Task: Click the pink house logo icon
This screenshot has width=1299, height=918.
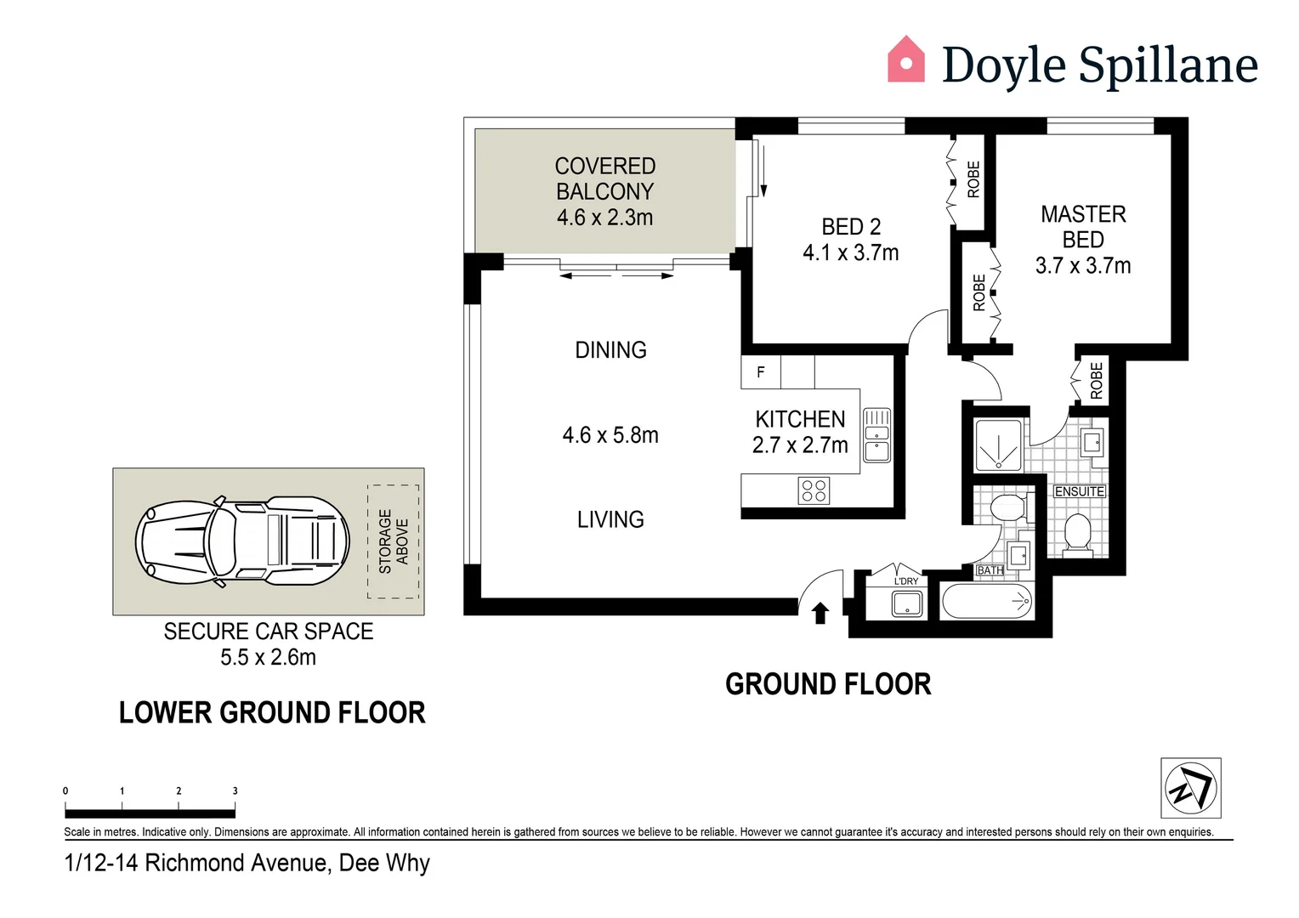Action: [905, 59]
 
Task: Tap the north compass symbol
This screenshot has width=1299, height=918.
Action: [1190, 787]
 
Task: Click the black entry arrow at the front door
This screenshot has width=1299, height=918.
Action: [820, 613]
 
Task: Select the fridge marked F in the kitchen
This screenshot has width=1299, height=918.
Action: [760, 371]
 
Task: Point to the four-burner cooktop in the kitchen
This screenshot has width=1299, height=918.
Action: [814, 490]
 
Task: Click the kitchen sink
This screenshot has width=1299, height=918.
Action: [876, 435]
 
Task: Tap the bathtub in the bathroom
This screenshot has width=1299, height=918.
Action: [987, 601]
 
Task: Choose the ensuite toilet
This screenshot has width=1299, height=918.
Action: [1078, 535]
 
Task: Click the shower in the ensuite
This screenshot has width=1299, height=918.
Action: [998, 445]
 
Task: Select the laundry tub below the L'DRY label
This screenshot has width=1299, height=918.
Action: [907, 604]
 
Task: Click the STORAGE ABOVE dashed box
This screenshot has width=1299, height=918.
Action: [394, 541]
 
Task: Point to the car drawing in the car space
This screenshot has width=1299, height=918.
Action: [242, 541]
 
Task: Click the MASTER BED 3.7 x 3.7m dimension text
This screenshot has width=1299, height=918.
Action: [1083, 265]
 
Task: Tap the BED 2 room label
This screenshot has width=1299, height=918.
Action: [851, 227]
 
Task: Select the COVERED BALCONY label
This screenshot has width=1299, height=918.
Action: [604, 178]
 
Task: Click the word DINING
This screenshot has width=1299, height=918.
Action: [610, 349]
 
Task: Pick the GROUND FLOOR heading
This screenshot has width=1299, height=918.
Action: [828, 684]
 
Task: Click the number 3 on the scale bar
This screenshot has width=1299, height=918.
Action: [235, 790]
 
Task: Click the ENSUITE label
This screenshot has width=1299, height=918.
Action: [1079, 491]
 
